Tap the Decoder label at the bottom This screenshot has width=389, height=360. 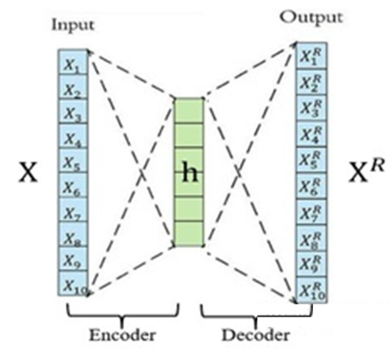click(251, 335)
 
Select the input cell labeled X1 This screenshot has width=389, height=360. click(73, 66)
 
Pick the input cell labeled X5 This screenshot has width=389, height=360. click(73, 161)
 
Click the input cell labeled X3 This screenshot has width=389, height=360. click(73, 114)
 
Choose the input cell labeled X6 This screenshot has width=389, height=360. click(73, 186)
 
